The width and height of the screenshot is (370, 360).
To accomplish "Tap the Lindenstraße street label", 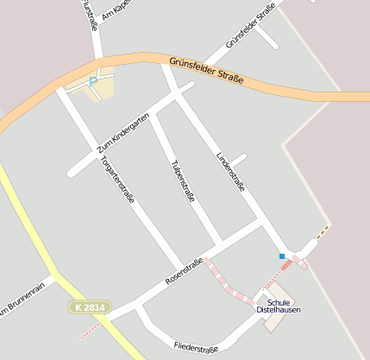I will (x=230, y=171).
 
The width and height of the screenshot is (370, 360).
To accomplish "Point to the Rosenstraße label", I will (x=184, y=272).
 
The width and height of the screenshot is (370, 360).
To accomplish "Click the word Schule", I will (x=279, y=301).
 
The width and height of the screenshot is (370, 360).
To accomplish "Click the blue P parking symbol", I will (x=93, y=82).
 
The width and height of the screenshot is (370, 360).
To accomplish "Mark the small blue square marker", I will (x=282, y=256).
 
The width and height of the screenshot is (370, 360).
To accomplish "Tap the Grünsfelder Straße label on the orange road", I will (x=206, y=70).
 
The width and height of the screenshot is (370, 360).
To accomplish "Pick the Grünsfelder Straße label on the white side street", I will (x=244, y=26).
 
